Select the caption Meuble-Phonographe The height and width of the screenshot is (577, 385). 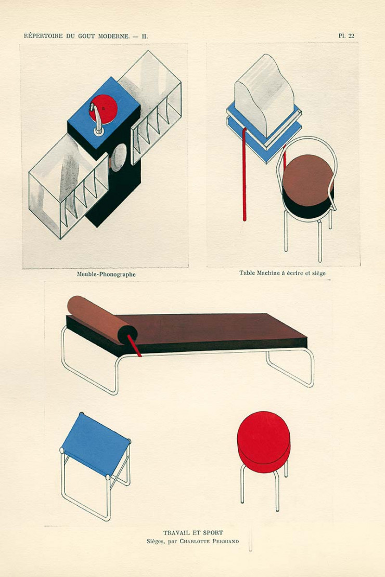click(106, 274)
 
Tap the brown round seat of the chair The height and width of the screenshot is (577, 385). click(307, 179)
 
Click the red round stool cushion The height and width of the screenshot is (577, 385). click(263, 440)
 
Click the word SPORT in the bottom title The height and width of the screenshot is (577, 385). click(212, 533)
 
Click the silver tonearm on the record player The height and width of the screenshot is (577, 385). click(97, 120)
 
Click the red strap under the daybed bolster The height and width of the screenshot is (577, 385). click(134, 346)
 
